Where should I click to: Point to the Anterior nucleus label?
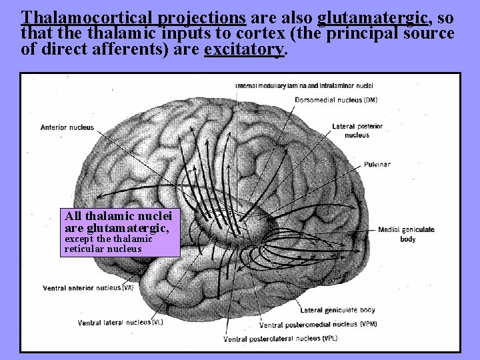pyautogui.click(x=67, y=127)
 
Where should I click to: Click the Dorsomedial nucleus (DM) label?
pyautogui.click(x=336, y=100)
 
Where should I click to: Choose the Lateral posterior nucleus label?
pyautogui.click(x=357, y=131)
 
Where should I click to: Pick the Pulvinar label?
pyautogui.click(x=377, y=164)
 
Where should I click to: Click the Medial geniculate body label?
pyautogui.click(x=406, y=233)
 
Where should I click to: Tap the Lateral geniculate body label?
pyautogui.click(x=337, y=310)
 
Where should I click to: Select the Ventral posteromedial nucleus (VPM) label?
pyautogui.click(x=318, y=325)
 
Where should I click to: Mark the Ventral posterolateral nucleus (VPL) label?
pyautogui.click(x=280, y=339)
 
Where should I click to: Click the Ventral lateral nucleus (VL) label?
pyautogui.click(x=120, y=323)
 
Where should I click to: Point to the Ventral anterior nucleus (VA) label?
pyautogui.click(x=87, y=288)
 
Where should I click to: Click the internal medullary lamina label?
pyautogui.click(x=304, y=85)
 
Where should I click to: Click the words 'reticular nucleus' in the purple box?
pyautogui.click(x=103, y=249)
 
